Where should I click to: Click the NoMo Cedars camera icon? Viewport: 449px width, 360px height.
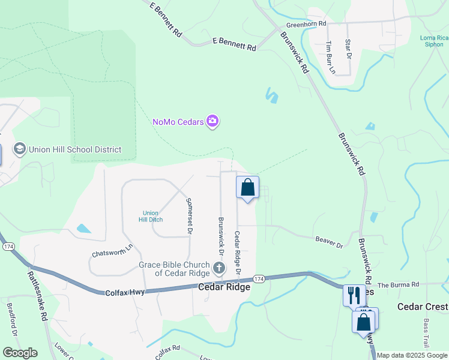(212, 122)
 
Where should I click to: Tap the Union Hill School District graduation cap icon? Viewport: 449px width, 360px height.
(19, 149)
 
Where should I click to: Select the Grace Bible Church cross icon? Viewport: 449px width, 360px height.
(219, 266)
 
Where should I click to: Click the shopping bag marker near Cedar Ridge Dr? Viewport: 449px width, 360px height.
(247, 188)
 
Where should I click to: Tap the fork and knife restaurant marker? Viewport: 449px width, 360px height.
(354, 295)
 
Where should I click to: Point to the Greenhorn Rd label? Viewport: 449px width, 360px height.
(306, 25)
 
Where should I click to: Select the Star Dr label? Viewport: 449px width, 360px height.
(348, 50)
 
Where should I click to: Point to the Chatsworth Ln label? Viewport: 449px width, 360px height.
(112, 250)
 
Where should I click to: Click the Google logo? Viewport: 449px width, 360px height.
(19, 353)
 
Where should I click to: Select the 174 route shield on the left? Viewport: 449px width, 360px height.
(8, 247)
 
